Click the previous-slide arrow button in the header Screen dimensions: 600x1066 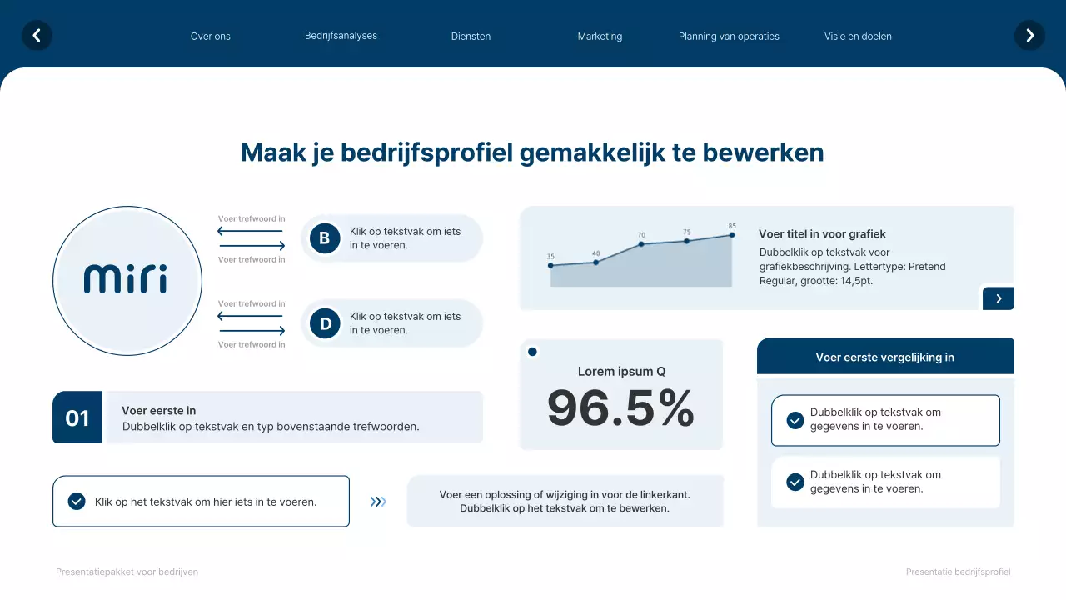point(37,36)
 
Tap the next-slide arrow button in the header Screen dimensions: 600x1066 point(1029,36)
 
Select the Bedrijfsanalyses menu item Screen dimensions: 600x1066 point(341,36)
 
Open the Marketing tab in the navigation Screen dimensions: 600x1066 point(600,37)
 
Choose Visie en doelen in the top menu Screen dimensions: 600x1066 point(858,37)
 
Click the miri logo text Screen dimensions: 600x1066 point(126,279)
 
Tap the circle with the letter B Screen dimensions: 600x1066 point(325,238)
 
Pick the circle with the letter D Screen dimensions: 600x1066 point(325,323)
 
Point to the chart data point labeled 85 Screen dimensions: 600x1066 point(732,235)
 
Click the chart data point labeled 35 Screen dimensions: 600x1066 point(550,266)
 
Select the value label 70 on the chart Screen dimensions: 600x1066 point(641,235)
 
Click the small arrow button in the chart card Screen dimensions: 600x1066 point(998,298)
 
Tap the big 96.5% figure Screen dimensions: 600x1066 point(620,408)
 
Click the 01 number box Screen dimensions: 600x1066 point(77,417)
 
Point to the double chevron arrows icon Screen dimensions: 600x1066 point(378,502)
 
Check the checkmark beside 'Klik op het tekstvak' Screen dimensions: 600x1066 point(77,502)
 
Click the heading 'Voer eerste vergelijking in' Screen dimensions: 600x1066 point(884,357)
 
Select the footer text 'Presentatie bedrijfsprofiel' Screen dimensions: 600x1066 point(958,572)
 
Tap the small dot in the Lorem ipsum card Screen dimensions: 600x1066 point(532,352)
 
